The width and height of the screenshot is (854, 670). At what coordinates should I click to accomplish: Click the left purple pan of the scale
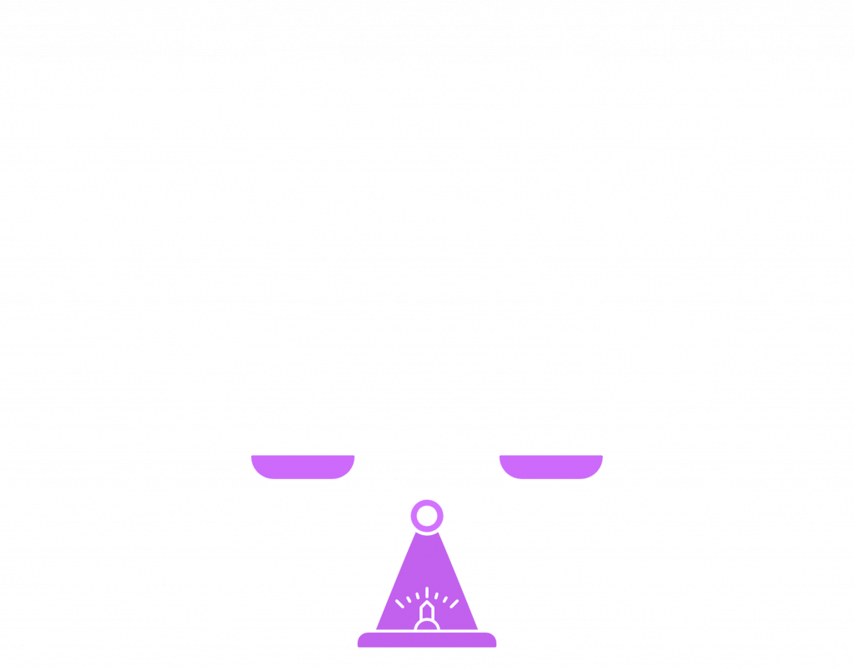[303, 467]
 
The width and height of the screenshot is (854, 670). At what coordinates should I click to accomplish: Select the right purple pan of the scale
[551, 467]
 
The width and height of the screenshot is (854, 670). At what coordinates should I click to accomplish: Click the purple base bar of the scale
[426, 640]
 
